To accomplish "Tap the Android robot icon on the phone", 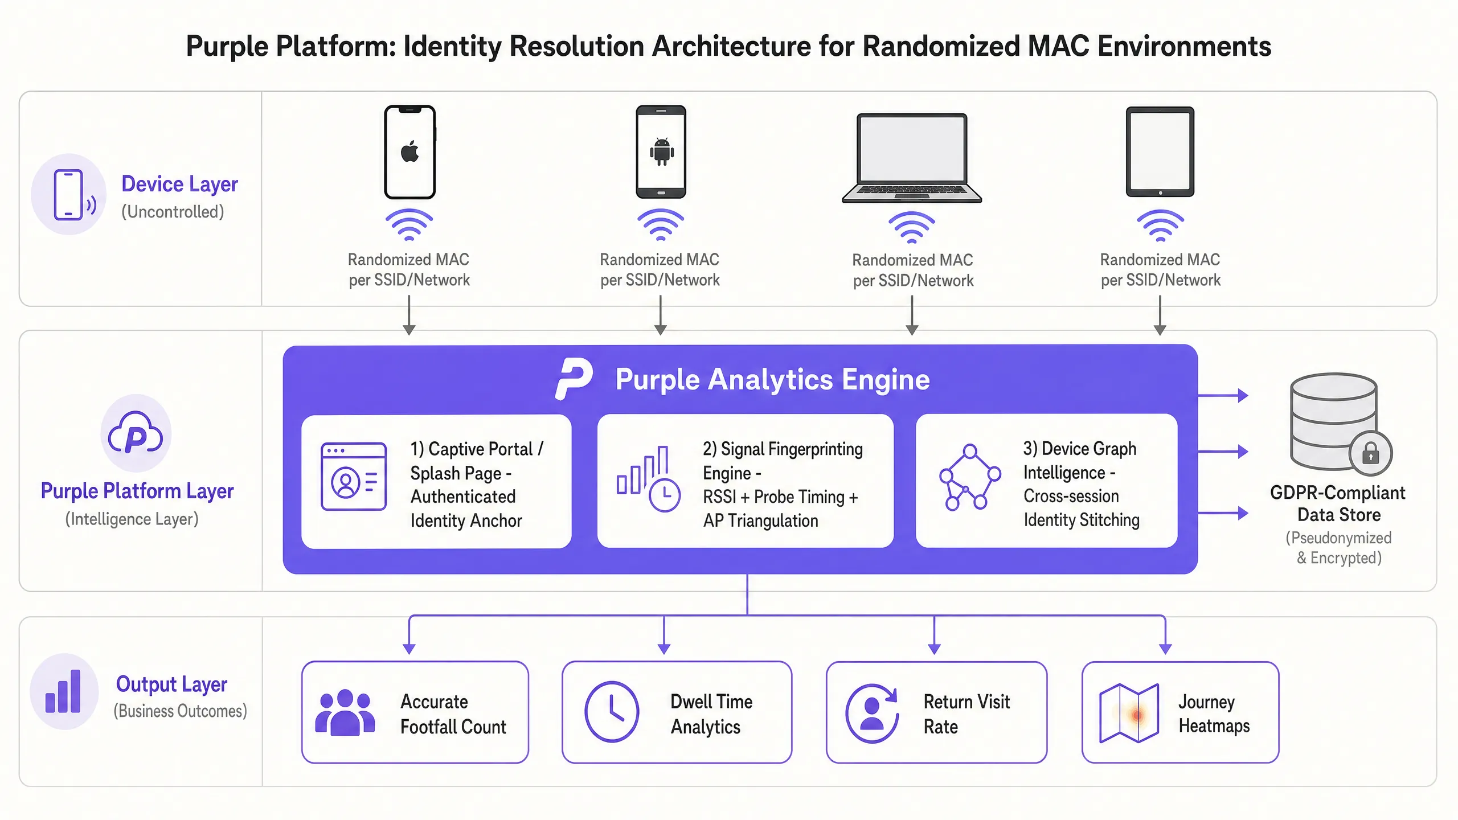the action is tap(661, 152).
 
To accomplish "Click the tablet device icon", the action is tap(1160, 151).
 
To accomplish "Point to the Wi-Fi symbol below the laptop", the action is tap(912, 227).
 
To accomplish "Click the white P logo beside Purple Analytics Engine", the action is tap(574, 379).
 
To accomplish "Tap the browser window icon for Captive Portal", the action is tap(354, 476).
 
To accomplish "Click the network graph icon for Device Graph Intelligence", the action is tap(970, 477).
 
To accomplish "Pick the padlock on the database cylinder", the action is tap(1370, 453).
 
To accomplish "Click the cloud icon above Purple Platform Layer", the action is tap(136, 433).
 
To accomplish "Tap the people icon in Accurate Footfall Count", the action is tap(345, 712).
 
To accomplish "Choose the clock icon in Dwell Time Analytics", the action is tap(612, 712).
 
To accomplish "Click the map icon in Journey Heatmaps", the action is tap(1129, 713).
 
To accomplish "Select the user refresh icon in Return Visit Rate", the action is tap(872, 713).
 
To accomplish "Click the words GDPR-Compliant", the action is tap(1337, 493).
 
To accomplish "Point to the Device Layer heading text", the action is tap(179, 184).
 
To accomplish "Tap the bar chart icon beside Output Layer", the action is tap(63, 691).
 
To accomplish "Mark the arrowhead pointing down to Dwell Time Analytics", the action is tap(664, 649).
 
